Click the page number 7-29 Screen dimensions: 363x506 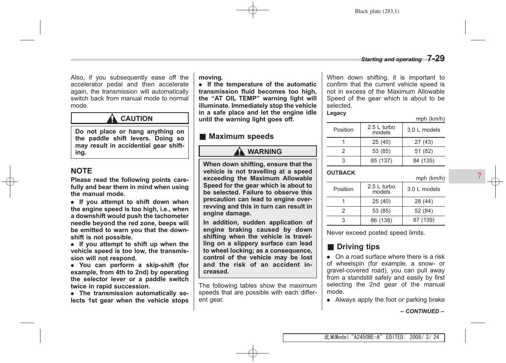tap(435, 59)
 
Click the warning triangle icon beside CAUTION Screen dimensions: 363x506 tap(112, 119)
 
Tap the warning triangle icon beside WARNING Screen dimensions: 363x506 tap(239, 151)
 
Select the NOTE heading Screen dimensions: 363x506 tap(82, 171)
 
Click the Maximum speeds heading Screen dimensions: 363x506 tap(241, 136)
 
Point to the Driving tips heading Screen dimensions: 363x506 tap(358, 247)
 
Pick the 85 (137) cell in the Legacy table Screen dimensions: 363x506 tap(381, 161)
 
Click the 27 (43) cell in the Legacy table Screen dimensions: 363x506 tap(424, 142)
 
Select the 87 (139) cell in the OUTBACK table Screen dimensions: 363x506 tap(424, 220)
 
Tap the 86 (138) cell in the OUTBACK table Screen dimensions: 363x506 tap(381, 220)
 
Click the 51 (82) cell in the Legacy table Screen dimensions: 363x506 tap(424, 151)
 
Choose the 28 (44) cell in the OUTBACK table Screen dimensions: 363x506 tap(424, 201)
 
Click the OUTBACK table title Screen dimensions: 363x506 tap(341, 173)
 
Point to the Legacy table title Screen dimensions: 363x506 tap(336, 113)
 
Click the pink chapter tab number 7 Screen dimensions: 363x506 tap(479, 176)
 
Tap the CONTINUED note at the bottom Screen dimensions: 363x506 tap(422, 311)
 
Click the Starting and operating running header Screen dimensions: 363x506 tap(391, 59)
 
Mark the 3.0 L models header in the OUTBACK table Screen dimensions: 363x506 tap(424, 189)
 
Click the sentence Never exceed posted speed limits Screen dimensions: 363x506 tap(376, 232)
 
